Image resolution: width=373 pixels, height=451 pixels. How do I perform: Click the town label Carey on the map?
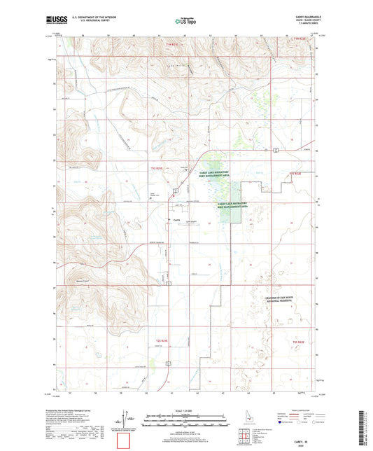pos(176,219)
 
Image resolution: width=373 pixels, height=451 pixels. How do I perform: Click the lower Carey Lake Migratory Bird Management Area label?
pos(232,206)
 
